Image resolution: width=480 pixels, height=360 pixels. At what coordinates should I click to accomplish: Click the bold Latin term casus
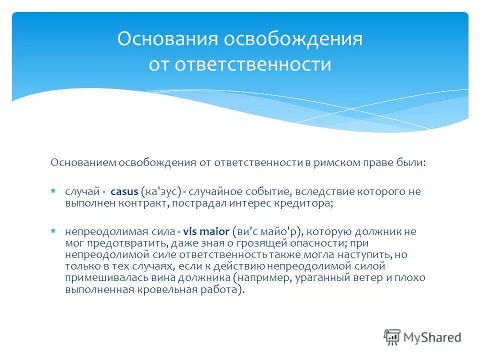(x=124, y=191)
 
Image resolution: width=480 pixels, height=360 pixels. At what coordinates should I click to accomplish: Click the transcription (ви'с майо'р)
(x=268, y=231)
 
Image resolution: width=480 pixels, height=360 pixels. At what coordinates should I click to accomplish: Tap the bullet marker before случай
(x=53, y=191)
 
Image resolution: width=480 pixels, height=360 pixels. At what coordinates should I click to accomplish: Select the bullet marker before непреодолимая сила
(x=53, y=231)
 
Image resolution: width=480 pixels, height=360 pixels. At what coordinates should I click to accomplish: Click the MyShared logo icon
(x=392, y=337)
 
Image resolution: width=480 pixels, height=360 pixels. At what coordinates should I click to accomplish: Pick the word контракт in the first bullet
(x=133, y=203)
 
